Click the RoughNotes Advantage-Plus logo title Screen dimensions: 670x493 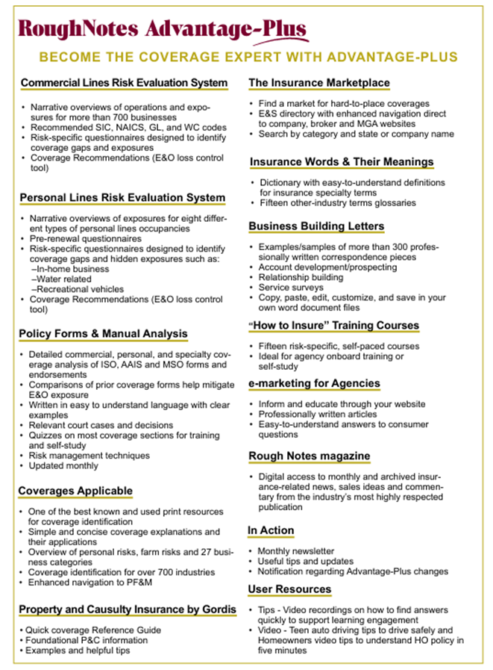(162, 29)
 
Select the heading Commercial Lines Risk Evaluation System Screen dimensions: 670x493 (124, 83)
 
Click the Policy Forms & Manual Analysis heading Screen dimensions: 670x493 (103, 333)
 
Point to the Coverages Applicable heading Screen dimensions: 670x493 (75, 491)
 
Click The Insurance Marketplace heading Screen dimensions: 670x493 (318, 83)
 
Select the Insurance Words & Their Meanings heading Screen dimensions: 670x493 (341, 162)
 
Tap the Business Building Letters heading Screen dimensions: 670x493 (316, 226)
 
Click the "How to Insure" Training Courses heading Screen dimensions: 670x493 (333, 326)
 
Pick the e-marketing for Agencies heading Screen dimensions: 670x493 (314, 383)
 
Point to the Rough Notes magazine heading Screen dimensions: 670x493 (309, 456)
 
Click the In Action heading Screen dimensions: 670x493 (271, 530)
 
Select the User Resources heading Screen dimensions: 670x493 (289, 589)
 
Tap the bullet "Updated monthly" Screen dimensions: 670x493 (63, 465)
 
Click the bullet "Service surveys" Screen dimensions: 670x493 (291, 287)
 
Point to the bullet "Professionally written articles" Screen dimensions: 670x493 (317, 414)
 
